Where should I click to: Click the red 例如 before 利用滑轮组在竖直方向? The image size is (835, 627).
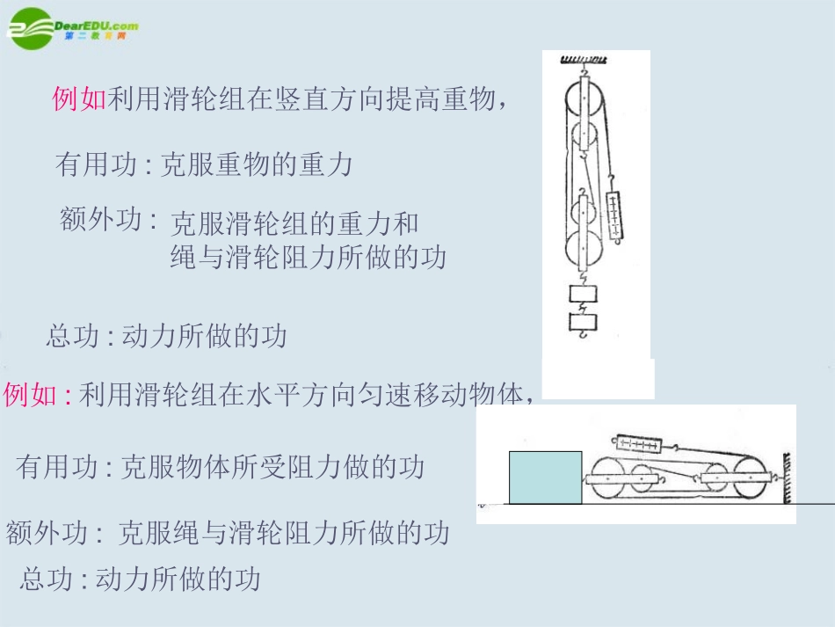pos(79,99)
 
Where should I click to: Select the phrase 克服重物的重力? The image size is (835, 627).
pos(255,164)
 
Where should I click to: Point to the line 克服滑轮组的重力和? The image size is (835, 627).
pos(294,223)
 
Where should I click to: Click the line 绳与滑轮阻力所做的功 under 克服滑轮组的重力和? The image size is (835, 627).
pos(308,257)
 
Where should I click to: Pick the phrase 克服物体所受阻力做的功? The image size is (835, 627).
pos(272,467)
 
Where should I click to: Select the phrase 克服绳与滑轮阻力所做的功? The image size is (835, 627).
pos(283,532)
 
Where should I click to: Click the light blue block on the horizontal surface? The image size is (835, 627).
pos(545,478)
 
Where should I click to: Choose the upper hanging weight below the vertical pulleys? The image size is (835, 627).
pos(582,294)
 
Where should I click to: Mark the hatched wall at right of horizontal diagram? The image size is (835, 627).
pos(787,478)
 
